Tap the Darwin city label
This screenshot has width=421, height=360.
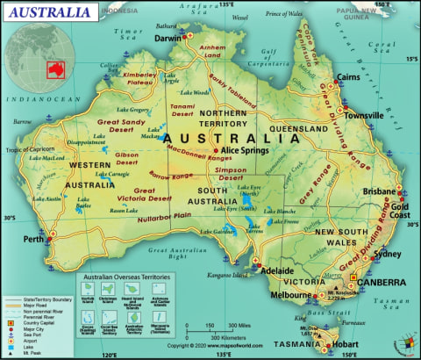click(x=169, y=39)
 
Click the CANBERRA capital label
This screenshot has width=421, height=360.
click(x=380, y=283)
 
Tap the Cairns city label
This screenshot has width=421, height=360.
click(x=349, y=77)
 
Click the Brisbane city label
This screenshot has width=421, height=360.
click(x=378, y=191)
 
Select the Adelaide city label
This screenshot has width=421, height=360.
click(x=276, y=270)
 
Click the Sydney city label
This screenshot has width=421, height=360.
click(x=386, y=255)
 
